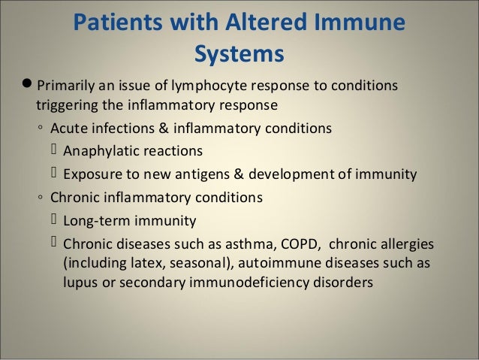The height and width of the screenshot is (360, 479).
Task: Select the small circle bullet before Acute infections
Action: (x=41, y=129)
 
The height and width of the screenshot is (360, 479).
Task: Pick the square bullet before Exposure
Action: (x=54, y=175)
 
